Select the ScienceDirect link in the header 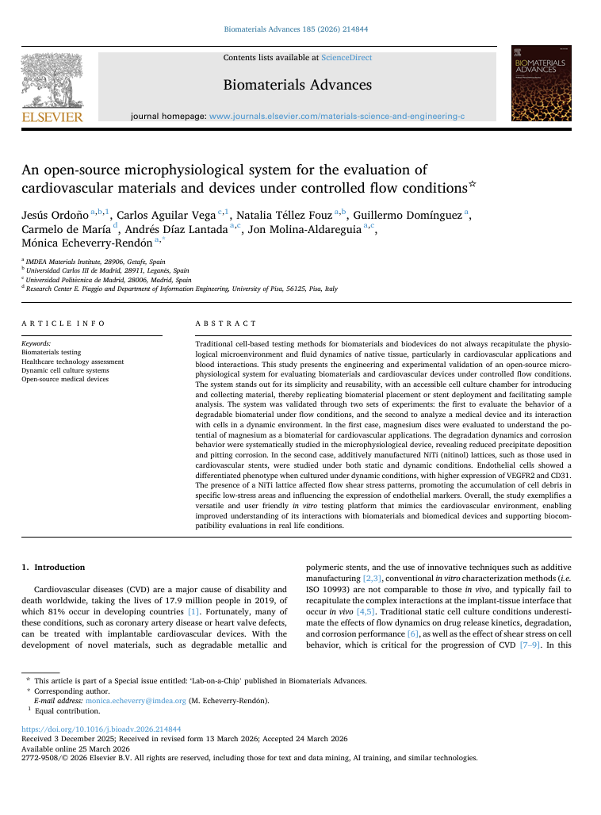[346, 58]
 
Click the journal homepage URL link [336, 117]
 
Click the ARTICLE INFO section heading [63, 323]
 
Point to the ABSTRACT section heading [226, 323]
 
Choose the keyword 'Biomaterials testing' [51, 352]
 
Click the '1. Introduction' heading [52, 568]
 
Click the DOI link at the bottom [101, 729]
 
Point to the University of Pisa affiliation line [182, 289]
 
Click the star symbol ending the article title [473, 185]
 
